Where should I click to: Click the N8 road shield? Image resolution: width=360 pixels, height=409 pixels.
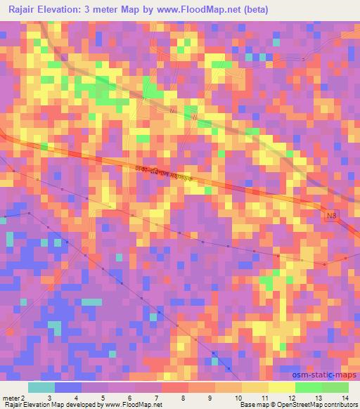(x=332, y=217)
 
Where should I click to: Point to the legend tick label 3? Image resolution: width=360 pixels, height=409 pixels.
(x=49, y=397)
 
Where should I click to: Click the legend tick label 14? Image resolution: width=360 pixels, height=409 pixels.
(x=345, y=397)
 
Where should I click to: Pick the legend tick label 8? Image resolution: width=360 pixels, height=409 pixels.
(x=184, y=397)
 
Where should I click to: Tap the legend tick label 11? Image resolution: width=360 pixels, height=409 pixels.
(x=264, y=397)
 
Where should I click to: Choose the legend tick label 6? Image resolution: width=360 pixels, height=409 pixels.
(x=129, y=397)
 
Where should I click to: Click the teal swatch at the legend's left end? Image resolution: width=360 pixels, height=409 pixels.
(x=41, y=387)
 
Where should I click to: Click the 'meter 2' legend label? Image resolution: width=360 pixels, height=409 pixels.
(x=13, y=397)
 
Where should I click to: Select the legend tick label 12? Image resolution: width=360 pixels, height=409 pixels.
(x=291, y=397)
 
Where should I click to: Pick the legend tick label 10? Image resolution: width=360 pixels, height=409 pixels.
(x=238, y=397)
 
